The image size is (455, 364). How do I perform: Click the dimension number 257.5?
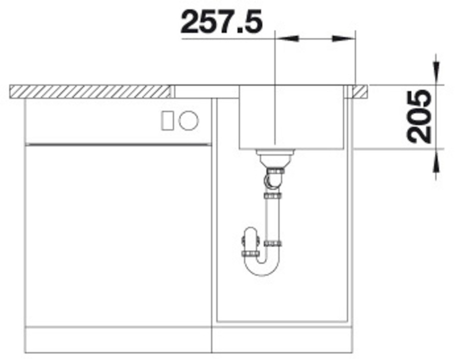pos(222,22)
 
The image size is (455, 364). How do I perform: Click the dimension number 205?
pos(419,117)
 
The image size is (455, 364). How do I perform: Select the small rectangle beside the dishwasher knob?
pos(167,120)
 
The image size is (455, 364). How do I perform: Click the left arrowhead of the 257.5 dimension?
pos(287,38)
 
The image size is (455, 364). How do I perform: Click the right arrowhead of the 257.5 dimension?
pos(344,38)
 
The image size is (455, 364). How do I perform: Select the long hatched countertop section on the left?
pos(90,91)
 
